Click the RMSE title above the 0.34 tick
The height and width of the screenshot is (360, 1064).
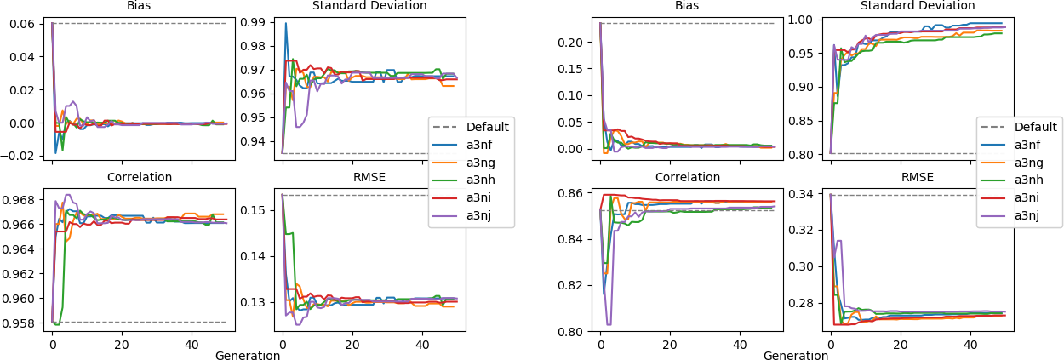916,177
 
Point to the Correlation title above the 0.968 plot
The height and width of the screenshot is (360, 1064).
140,177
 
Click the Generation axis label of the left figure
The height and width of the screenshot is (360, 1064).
248,356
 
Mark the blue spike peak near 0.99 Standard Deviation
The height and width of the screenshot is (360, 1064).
286,24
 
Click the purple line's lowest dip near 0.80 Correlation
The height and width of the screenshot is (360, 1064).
608,324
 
